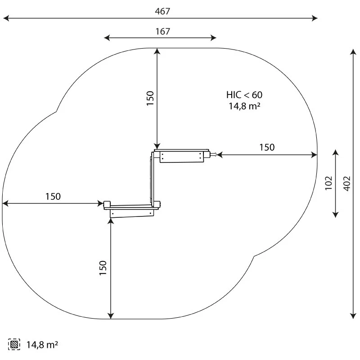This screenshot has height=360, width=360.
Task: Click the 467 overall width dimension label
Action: [162, 11]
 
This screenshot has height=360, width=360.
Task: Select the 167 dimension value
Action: [163, 31]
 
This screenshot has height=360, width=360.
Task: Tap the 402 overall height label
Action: [347, 184]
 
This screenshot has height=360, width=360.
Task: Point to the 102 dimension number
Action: [328, 183]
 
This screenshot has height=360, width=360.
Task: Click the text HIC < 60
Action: [244, 95]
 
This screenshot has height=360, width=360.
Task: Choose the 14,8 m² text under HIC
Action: [244, 106]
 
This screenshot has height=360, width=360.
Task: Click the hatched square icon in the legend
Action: [14, 344]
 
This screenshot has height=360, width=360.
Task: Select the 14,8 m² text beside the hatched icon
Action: [42, 345]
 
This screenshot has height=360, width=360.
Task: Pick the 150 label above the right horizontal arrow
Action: [267, 148]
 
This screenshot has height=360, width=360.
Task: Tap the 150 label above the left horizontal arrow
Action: [53, 197]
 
